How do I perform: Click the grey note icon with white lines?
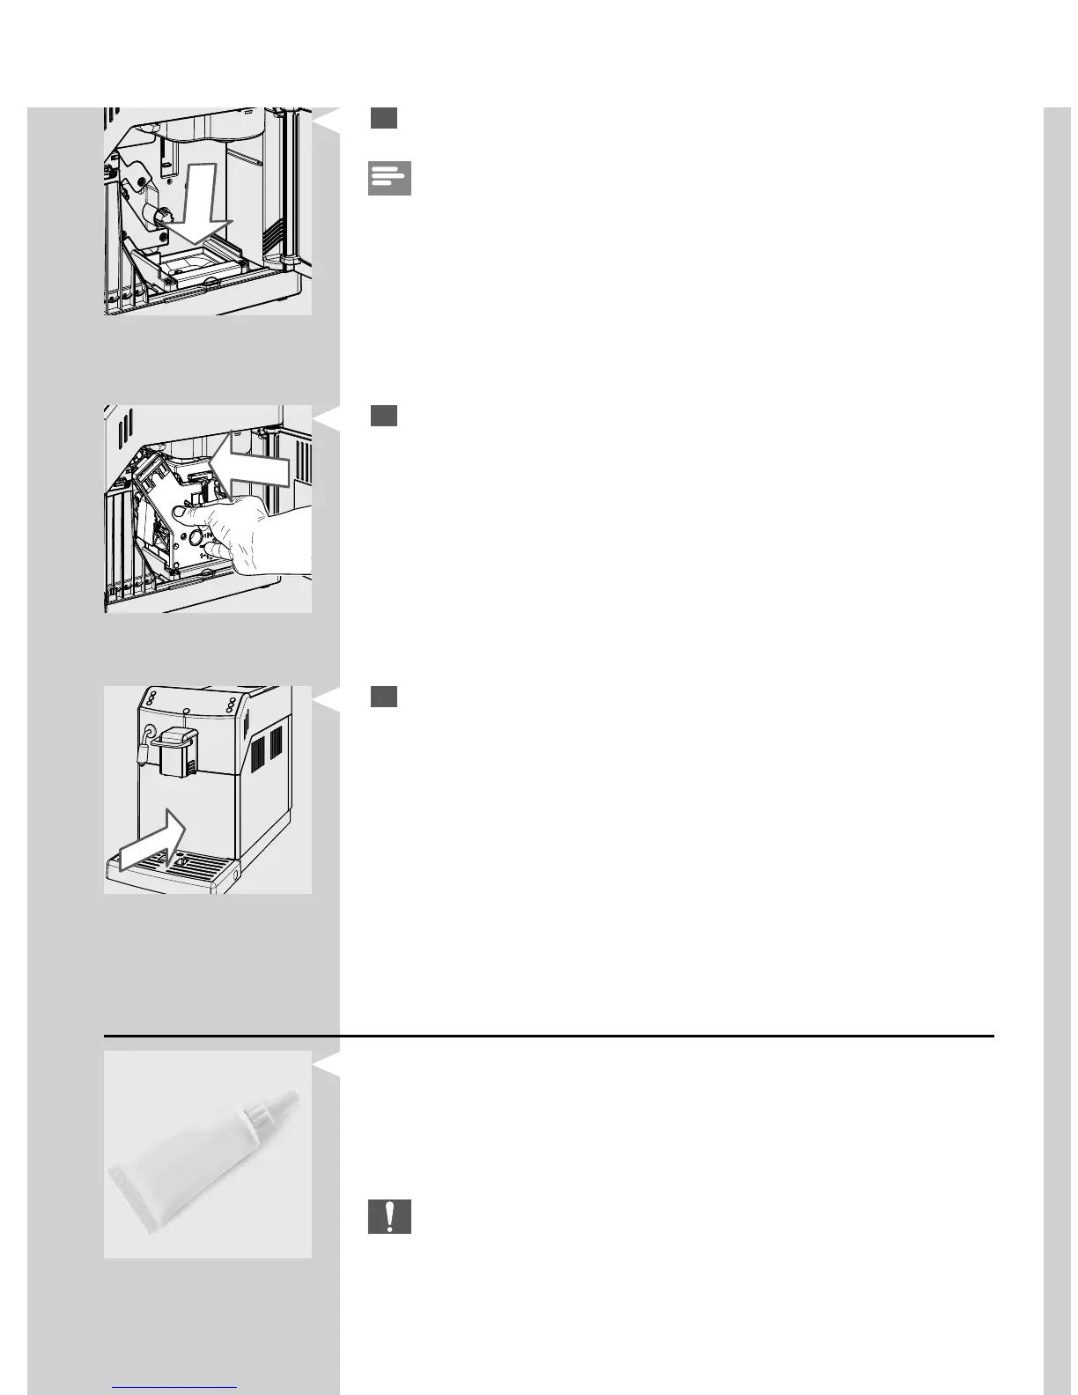[389, 178]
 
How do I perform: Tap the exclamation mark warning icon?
[389, 1216]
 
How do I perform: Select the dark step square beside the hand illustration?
[383, 416]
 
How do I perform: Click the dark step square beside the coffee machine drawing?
[383, 697]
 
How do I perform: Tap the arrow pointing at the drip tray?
[153, 842]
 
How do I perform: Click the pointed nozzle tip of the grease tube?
[292, 1096]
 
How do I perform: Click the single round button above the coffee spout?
[185, 710]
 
